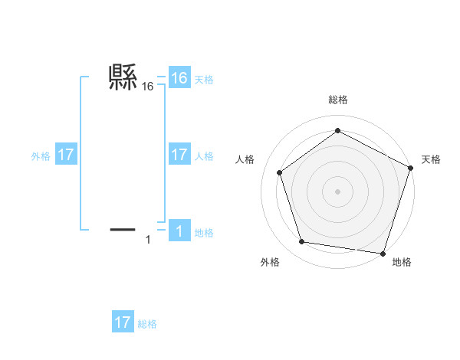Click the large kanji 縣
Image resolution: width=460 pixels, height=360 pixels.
tap(123, 77)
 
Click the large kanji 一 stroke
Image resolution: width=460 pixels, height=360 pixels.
tap(123, 229)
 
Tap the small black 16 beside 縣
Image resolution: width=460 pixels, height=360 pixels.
tap(148, 87)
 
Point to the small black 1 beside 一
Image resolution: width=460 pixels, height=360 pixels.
tap(148, 240)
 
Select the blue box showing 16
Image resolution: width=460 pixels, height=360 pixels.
tap(179, 78)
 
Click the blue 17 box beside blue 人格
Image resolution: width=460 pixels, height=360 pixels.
tap(179, 155)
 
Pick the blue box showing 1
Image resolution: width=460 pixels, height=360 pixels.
tap(179, 231)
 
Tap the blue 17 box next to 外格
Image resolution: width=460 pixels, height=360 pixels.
tap(66, 155)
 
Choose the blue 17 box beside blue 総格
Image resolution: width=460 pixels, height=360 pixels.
tap(123, 322)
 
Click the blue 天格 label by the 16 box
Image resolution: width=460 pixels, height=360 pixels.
tap(204, 80)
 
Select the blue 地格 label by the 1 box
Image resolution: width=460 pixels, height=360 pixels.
tap(204, 232)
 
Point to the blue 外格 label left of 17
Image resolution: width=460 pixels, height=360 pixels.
tap(41, 156)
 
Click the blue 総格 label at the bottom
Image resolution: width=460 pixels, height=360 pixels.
tap(147, 324)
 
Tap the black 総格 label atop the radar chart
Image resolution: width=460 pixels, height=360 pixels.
tap(337, 100)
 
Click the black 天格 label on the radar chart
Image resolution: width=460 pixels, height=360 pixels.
tap(431, 159)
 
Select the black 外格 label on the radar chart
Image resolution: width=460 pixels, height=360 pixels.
tap(270, 262)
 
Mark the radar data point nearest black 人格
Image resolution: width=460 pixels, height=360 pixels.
tap(280, 172)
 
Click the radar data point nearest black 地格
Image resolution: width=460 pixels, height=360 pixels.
tap(383, 253)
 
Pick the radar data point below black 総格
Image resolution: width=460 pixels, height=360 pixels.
tap(337, 131)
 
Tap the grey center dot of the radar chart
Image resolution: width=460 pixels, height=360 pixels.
tap(337, 191)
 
